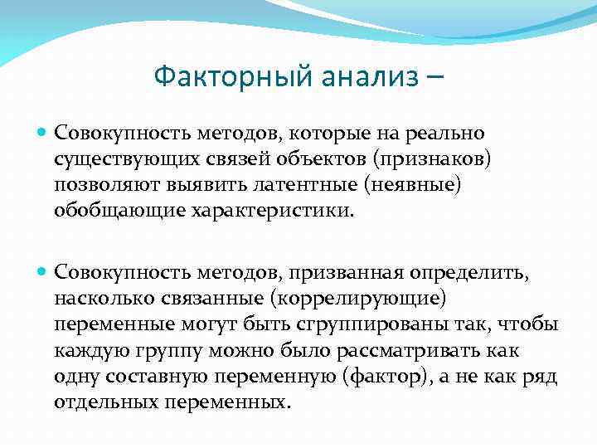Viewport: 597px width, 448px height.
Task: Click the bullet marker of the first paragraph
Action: click(44, 133)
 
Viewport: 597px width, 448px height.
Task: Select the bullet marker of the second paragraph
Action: click(44, 272)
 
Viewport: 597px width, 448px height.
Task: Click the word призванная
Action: click(348, 272)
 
